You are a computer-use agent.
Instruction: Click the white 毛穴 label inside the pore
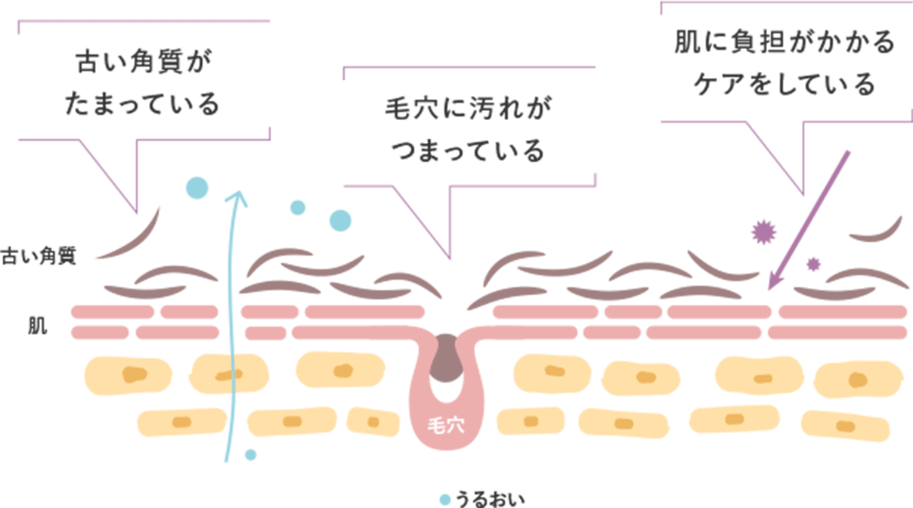tap(445, 426)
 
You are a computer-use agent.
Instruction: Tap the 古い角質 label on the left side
tap(39, 256)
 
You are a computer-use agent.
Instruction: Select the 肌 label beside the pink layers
tap(38, 326)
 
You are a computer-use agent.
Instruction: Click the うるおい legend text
tap(490, 499)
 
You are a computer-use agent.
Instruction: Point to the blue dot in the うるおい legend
tap(445, 500)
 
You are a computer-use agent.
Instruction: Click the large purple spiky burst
tap(763, 232)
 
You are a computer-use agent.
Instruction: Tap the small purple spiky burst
tap(813, 264)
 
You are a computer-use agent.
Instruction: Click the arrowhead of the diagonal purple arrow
tap(775, 281)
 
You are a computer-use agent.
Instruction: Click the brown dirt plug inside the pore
tap(447, 358)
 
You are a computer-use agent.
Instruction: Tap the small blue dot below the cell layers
tap(251, 454)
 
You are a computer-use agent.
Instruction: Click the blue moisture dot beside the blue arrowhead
tap(197, 188)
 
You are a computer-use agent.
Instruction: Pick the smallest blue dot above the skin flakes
tap(298, 208)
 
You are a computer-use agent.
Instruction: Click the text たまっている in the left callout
tap(142, 104)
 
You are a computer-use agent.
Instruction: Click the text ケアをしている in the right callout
tap(785, 85)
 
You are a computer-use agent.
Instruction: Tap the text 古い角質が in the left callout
tap(144, 62)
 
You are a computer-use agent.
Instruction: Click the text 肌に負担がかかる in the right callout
tap(785, 42)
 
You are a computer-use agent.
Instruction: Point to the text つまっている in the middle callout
tap(469, 150)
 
